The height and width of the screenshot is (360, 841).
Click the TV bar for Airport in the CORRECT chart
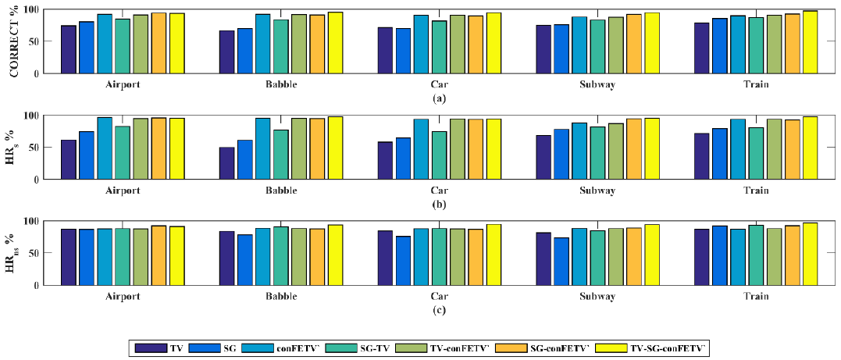(x=68, y=49)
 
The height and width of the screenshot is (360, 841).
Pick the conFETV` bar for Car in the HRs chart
(x=421, y=149)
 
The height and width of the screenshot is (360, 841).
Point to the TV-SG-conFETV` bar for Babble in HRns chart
(x=335, y=255)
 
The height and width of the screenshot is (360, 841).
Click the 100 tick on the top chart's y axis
(x=31, y=9)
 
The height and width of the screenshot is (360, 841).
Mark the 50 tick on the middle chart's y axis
(x=34, y=148)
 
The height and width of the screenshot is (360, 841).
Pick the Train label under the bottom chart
(x=756, y=297)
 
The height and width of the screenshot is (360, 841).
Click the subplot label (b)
(x=439, y=204)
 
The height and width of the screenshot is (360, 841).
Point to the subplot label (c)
(x=439, y=310)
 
